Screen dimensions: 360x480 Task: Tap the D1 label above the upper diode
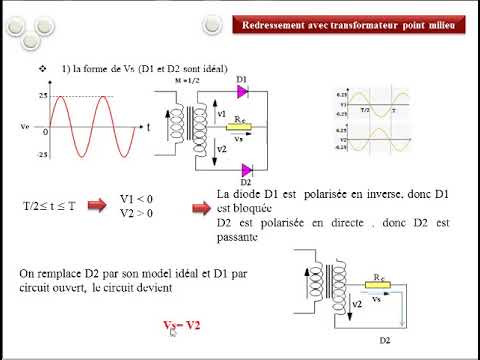[x=241, y=78]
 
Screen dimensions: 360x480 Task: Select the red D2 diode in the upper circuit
[x=246, y=167]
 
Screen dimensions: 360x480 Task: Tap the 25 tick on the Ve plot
[x=43, y=96]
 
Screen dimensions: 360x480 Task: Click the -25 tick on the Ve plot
[x=42, y=155]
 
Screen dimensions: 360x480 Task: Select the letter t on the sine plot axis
[x=148, y=128]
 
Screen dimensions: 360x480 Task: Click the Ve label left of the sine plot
[x=24, y=127]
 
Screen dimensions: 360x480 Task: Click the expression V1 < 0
[x=138, y=198]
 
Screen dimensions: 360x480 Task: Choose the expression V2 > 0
[x=138, y=212]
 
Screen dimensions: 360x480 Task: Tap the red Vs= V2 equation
[x=180, y=326]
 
